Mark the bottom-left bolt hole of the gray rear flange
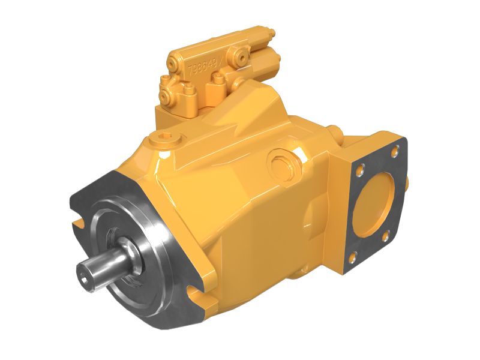[354, 259]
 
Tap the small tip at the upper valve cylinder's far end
[272, 33]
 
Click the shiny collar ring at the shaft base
[134, 254]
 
